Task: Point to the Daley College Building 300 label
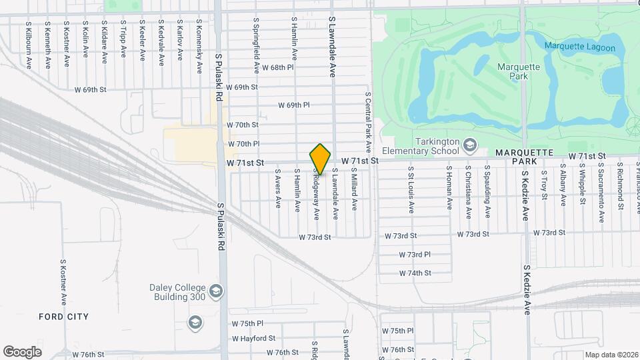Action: [x=177, y=292]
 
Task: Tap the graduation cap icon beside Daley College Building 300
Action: [x=215, y=291]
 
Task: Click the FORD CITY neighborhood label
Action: [x=64, y=316]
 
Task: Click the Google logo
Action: [x=22, y=351]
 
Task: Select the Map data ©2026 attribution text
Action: [x=611, y=355]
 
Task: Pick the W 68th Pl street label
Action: [x=277, y=68]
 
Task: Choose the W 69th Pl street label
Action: [x=294, y=105]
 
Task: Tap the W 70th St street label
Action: [x=243, y=125]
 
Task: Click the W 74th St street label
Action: [x=415, y=273]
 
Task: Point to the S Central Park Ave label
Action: [x=367, y=122]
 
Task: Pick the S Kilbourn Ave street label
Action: [x=29, y=45]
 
